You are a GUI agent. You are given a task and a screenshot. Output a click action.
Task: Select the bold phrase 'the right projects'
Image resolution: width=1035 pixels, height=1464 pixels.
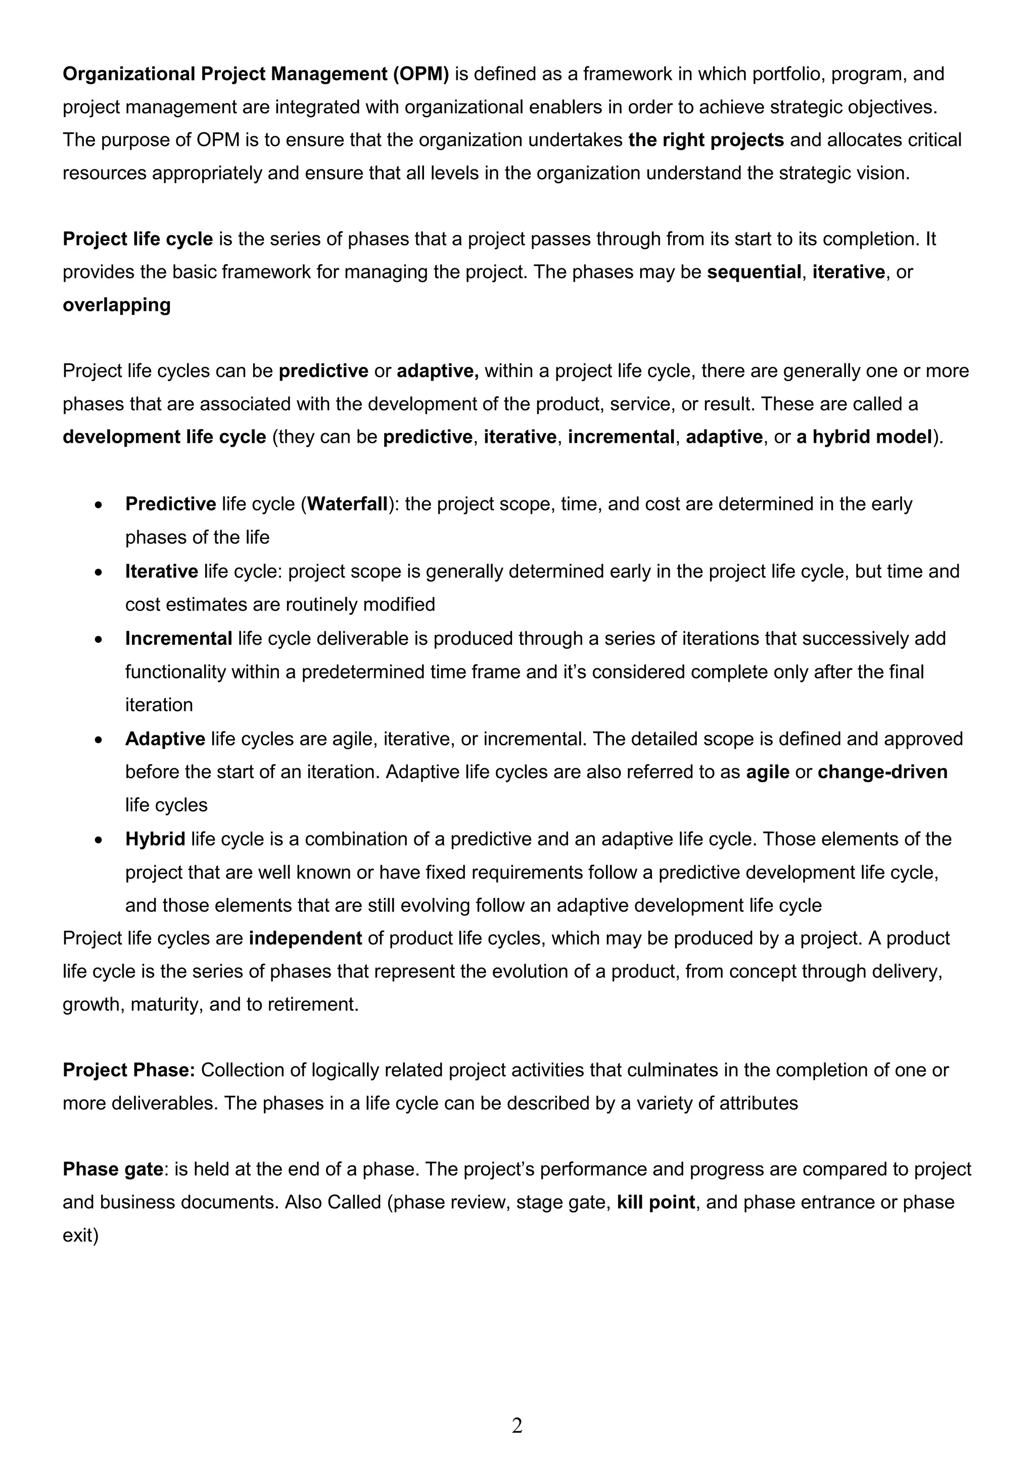tap(705, 140)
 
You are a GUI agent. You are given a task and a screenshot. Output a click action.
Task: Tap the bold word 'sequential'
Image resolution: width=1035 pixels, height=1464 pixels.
tap(754, 272)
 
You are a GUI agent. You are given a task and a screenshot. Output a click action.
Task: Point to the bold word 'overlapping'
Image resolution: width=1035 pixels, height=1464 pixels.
tap(117, 305)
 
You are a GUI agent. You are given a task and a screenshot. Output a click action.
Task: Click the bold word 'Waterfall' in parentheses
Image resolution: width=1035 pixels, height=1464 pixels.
tap(348, 504)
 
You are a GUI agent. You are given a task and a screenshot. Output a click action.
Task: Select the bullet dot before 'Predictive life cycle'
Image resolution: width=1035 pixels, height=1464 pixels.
tap(98, 505)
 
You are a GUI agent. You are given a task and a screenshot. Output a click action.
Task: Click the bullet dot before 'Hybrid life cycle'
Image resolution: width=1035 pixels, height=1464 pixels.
tap(98, 840)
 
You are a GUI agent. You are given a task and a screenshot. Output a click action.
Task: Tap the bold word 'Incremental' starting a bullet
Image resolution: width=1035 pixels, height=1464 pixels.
tap(178, 638)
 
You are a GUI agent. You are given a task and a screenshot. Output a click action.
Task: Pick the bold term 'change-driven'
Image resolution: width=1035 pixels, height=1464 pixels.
tap(882, 772)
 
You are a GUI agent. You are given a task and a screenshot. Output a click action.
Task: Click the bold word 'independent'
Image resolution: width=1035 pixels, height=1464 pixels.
tap(305, 938)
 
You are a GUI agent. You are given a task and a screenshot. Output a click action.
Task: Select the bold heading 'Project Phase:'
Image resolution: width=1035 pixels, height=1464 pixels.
tap(129, 1070)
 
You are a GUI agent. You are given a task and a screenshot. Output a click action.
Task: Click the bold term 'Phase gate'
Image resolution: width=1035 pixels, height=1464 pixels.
tap(113, 1169)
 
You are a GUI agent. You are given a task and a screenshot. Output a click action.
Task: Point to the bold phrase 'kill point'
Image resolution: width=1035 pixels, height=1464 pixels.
tap(655, 1203)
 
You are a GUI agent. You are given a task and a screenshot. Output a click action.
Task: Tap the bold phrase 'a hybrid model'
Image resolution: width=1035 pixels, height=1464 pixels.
tap(864, 438)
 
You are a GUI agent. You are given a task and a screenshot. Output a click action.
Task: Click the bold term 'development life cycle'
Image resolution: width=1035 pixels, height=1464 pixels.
tap(164, 438)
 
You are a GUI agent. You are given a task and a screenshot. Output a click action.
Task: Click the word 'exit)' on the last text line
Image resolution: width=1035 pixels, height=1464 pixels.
tap(80, 1236)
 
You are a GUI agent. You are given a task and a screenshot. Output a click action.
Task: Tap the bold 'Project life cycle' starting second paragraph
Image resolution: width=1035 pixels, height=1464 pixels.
tap(138, 239)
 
